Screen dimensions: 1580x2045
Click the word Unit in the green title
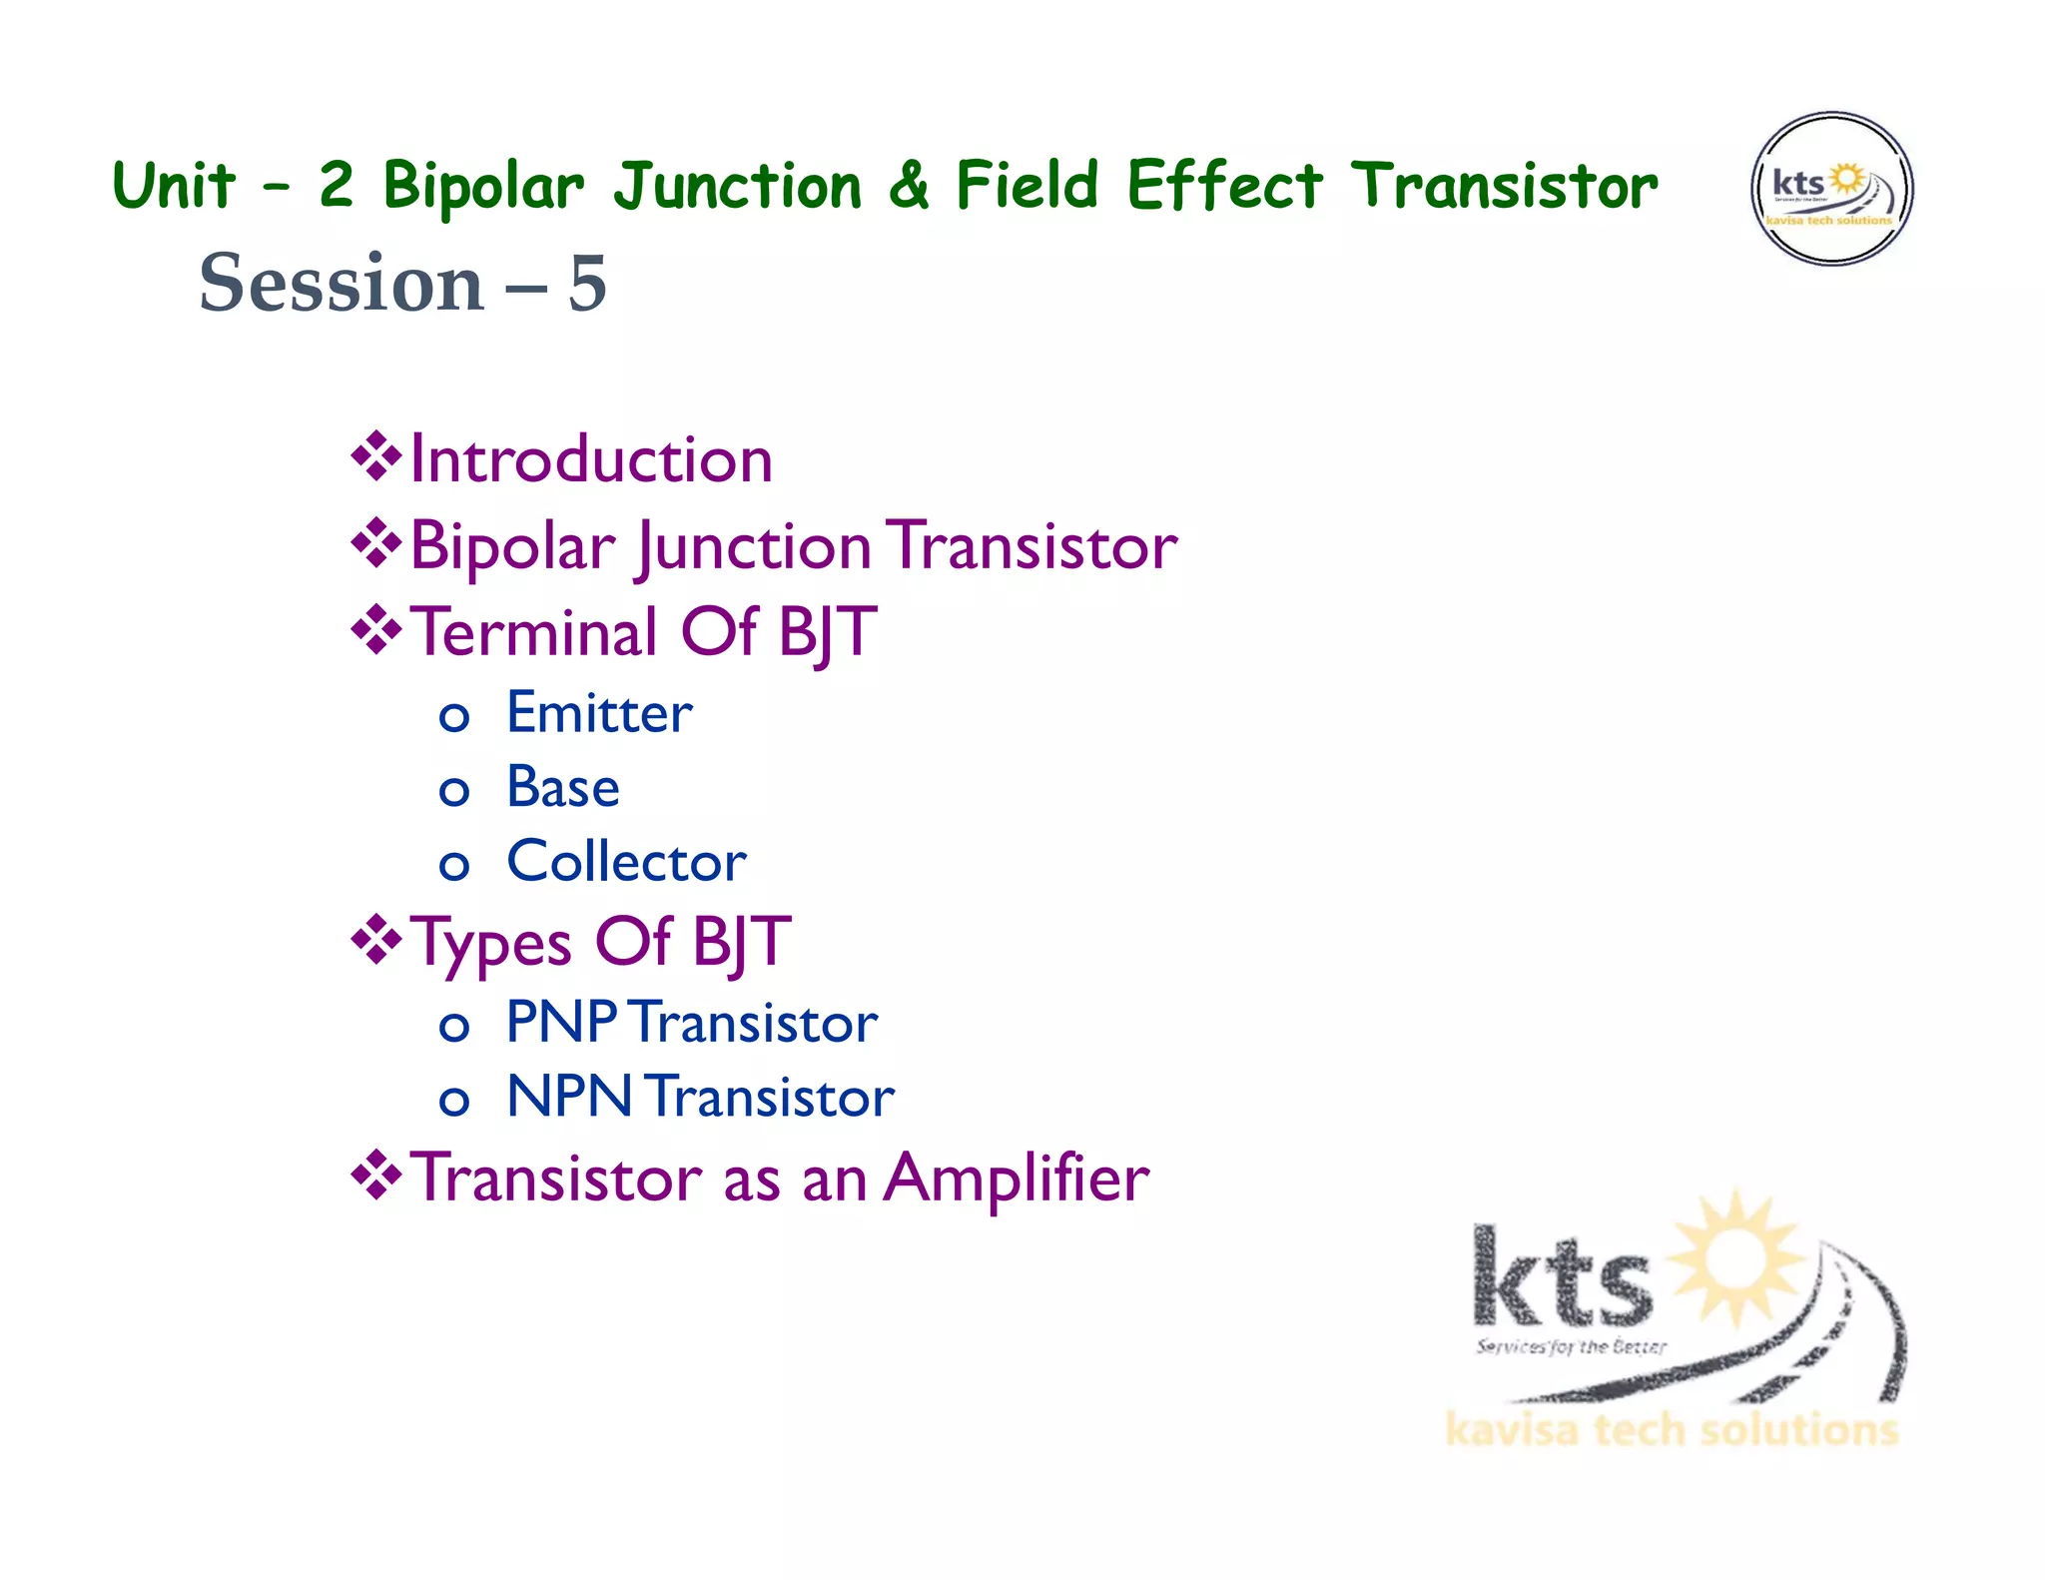(x=174, y=186)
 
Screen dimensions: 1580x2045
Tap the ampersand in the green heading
(x=908, y=186)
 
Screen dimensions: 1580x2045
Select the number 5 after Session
(x=587, y=284)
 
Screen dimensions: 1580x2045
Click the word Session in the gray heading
(x=341, y=284)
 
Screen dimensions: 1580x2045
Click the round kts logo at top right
(x=1831, y=189)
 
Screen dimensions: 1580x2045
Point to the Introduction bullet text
(x=591, y=460)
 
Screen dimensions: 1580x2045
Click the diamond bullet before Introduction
(x=375, y=457)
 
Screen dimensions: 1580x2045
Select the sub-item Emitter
(x=599, y=714)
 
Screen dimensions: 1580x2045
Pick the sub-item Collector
(x=626, y=862)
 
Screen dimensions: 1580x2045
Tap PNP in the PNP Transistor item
(x=561, y=1023)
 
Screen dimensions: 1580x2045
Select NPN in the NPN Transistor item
(x=569, y=1097)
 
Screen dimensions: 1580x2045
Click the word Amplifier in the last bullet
(x=1017, y=1179)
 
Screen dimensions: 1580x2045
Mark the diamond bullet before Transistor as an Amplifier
(x=375, y=1175)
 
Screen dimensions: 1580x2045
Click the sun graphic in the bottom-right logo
(x=1737, y=1256)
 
